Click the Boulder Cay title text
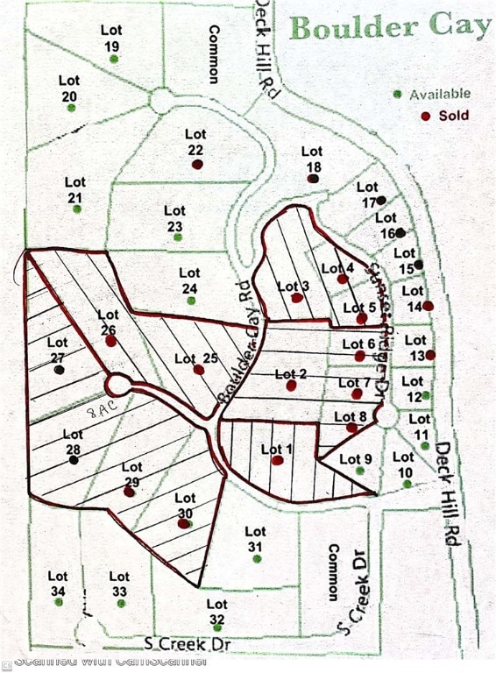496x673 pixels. pyautogui.click(x=390, y=26)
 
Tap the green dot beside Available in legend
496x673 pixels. pyautogui.click(x=399, y=94)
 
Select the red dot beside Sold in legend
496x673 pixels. pyautogui.click(x=425, y=116)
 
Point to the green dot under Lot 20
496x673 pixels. pyautogui.click(x=71, y=107)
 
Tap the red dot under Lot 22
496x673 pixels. pyautogui.click(x=198, y=164)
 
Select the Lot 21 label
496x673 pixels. pyautogui.click(x=75, y=189)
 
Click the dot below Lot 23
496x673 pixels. pyautogui.click(x=177, y=237)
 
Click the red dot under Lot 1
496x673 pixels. pyautogui.click(x=277, y=460)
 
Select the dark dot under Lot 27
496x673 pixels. pyautogui.click(x=59, y=370)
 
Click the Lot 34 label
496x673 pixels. pyautogui.click(x=58, y=584)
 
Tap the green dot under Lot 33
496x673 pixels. pyautogui.click(x=120, y=603)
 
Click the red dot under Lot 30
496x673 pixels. pyautogui.click(x=183, y=523)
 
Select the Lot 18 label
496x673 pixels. pyautogui.click(x=312, y=159)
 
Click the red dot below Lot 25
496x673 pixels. pyautogui.click(x=199, y=370)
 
